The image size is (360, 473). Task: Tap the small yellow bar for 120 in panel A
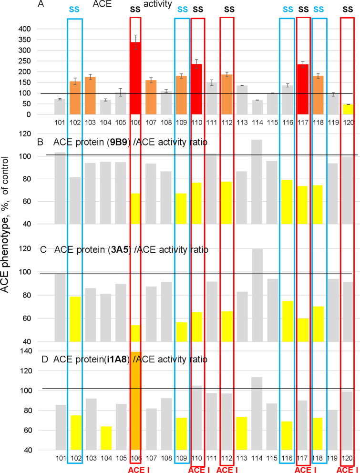pos(348,109)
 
